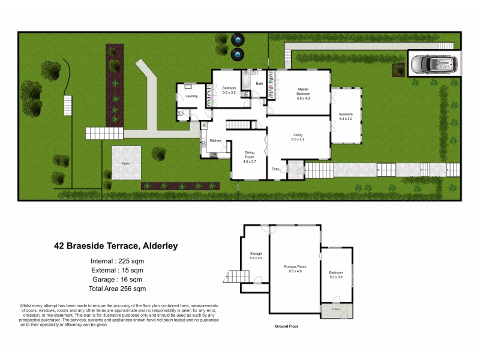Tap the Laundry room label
click(x=191, y=96)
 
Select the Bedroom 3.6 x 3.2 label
click(x=229, y=91)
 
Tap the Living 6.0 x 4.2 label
click(x=298, y=137)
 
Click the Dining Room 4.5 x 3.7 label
click(x=249, y=157)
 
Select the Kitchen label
click(x=215, y=140)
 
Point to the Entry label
click(x=275, y=169)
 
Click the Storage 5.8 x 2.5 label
click(x=256, y=256)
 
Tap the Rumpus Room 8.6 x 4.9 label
click(x=295, y=268)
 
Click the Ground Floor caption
click(x=286, y=326)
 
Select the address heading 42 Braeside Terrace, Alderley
click(x=116, y=245)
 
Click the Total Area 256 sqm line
click(x=115, y=289)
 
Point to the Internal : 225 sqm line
click(x=115, y=261)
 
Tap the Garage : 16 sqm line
click(x=115, y=280)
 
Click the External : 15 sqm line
click(x=115, y=271)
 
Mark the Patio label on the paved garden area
click(x=126, y=163)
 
